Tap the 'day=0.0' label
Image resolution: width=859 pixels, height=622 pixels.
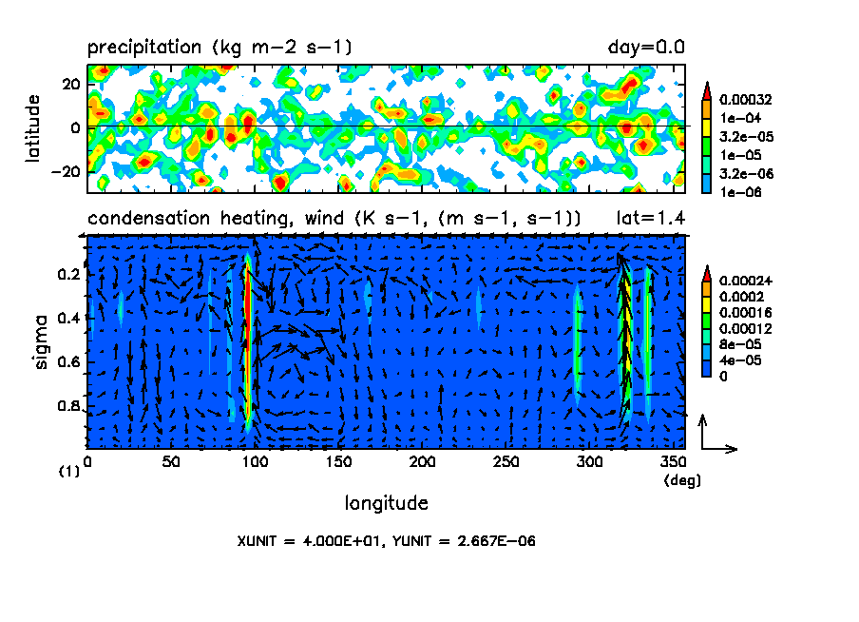click(646, 47)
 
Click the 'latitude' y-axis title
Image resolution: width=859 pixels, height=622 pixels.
click(32, 126)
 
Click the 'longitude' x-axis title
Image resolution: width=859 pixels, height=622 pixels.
click(386, 502)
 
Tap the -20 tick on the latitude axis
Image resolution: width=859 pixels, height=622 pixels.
click(67, 171)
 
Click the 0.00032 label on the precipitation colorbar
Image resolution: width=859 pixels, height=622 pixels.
click(746, 98)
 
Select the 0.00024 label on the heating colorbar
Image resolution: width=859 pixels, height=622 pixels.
click(746, 281)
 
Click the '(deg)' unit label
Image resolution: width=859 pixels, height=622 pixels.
click(682, 480)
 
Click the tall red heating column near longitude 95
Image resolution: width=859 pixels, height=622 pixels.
click(246, 342)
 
